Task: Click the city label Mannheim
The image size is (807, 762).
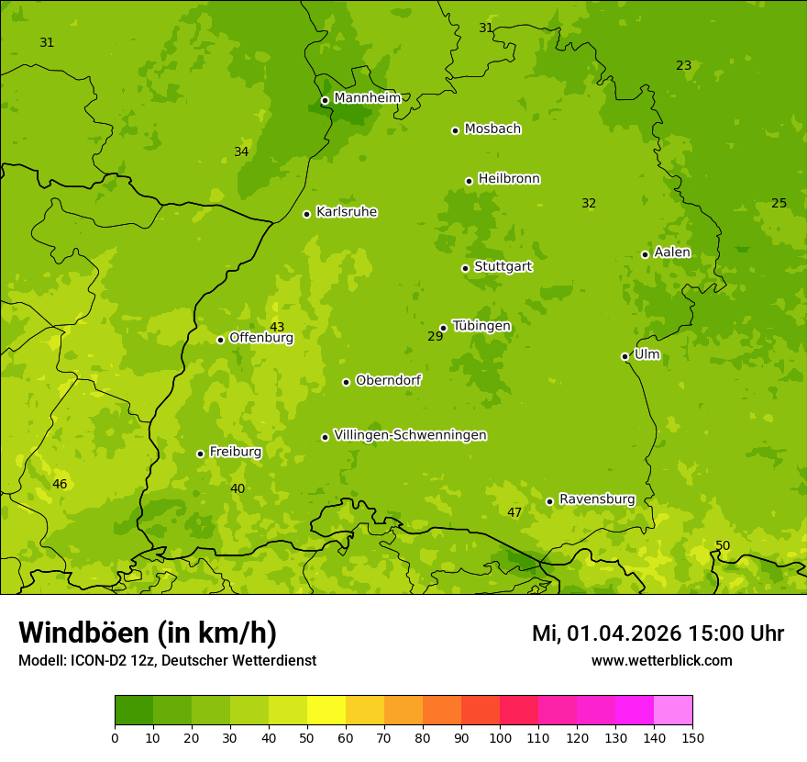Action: click(x=367, y=98)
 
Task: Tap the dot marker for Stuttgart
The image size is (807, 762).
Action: click(x=465, y=268)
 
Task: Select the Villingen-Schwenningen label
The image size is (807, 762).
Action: click(x=410, y=435)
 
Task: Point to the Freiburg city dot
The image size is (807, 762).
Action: click(x=200, y=454)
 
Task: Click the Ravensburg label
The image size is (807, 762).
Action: click(x=597, y=499)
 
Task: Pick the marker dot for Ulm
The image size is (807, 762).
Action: click(x=625, y=356)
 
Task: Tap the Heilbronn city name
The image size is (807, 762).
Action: click(x=509, y=179)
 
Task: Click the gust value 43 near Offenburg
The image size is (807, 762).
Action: click(x=277, y=328)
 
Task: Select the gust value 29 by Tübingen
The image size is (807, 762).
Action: click(x=436, y=337)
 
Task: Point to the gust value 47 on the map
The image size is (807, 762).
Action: click(x=514, y=513)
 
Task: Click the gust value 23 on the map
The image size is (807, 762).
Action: click(x=684, y=66)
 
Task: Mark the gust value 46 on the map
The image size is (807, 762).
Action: click(x=60, y=485)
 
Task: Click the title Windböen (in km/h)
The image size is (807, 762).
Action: click(x=148, y=633)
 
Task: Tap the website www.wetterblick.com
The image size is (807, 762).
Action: click(x=661, y=661)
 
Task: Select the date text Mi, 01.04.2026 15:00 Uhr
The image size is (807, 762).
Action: click(x=658, y=633)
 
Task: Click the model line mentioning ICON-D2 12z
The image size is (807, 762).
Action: click(x=167, y=661)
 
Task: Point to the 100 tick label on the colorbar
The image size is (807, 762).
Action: click(x=500, y=737)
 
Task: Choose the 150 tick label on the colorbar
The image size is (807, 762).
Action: click(x=692, y=737)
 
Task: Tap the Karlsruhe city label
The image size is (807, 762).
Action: click(x=347, y=212)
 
